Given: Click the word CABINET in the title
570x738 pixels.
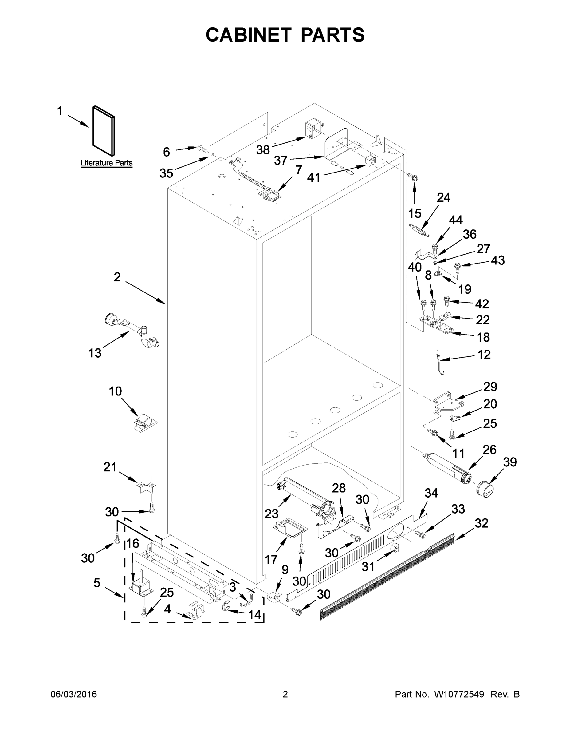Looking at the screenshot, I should [249, 35].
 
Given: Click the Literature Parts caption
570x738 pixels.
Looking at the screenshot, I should [106, 163].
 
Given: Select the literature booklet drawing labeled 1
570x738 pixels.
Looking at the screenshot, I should [104, 131].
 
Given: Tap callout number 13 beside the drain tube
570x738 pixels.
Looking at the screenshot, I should [95, 353].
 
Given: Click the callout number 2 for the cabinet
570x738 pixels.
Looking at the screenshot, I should [117, 277].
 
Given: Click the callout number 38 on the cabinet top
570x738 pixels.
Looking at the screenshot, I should [263, 150].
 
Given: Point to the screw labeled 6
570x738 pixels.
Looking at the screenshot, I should [202, 148].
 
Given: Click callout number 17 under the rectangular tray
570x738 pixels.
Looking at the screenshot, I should [271, 560].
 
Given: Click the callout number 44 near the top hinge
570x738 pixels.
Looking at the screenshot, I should [455, 220].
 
